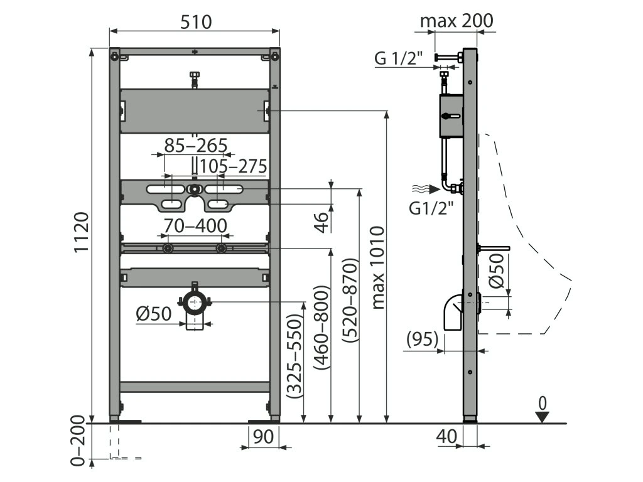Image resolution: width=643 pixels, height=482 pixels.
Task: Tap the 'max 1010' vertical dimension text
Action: [377, 267]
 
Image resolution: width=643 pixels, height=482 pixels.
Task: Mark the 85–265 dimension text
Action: [195, 146]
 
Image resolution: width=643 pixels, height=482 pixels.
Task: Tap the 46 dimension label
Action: [321, 220]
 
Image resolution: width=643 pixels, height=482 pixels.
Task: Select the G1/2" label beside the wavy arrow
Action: [431, 208]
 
